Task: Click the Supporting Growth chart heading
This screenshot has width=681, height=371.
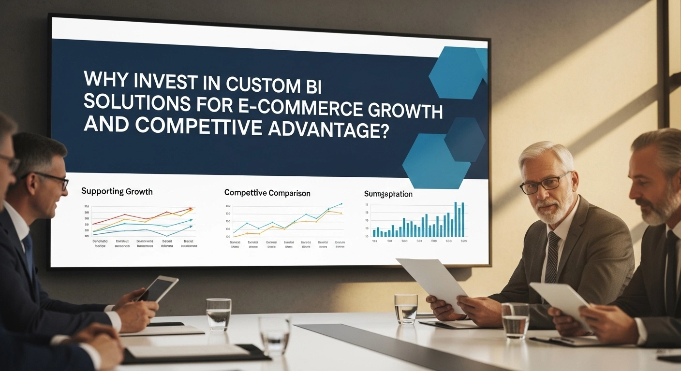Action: click(x=117, y=191)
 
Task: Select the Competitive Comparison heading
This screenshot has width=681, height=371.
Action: click(x=267, y=193)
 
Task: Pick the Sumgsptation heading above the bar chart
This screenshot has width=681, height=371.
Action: click(x=388, y=194)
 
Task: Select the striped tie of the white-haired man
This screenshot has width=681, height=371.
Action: click(x=552, y=256)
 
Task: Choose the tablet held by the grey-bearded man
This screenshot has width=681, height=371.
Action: click(x=561, y=304)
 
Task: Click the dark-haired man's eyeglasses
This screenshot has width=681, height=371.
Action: click(x=54, y=179)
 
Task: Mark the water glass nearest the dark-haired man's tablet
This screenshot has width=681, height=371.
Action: click(x=219, y=314)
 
